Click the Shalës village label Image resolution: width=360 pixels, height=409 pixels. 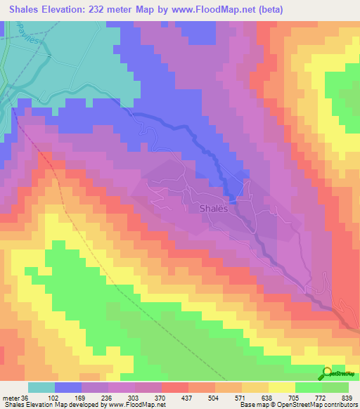(213, 208)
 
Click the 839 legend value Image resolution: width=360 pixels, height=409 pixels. (346, 397)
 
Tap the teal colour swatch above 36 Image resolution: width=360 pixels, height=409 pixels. (41, 387)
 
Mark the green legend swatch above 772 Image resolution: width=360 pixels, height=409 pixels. (335, 387)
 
